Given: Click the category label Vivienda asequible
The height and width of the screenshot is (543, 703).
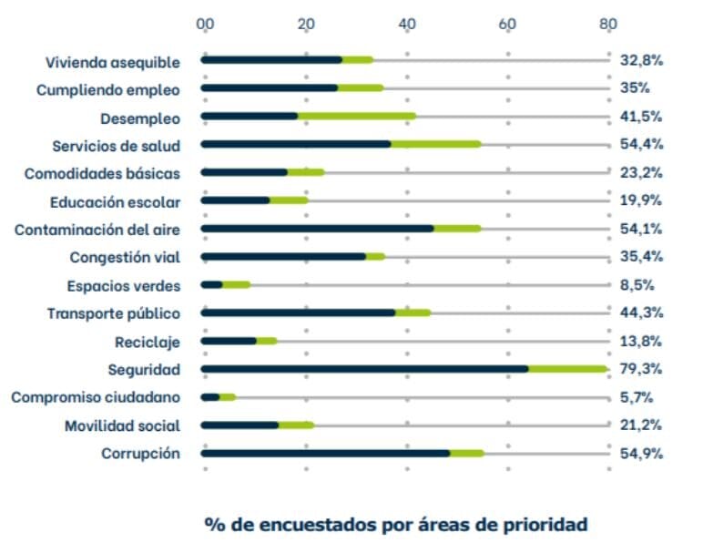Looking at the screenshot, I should click(x=113, y=62).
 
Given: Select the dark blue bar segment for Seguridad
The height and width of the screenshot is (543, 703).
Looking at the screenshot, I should click(x=364, y=369).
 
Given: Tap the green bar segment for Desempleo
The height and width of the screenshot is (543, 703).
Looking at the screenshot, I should click(x=356, y=117).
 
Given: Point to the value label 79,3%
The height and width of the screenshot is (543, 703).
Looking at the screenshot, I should click(x=641, y=369).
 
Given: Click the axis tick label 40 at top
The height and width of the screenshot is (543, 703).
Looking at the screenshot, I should click(x=407, y=24).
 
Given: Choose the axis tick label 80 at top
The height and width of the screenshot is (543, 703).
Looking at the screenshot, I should click(x=608, y=24).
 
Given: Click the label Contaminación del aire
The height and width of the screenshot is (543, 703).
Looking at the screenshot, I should click(x=97, y=230).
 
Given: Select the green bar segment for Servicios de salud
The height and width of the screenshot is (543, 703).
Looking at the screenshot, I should click(x=435, y=144).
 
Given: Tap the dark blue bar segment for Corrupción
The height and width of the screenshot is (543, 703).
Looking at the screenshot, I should click(x=325, y=454).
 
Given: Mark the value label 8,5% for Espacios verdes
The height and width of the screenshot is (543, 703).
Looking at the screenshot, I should click(x=637, y=285).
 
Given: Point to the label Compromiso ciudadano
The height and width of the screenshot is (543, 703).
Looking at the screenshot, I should click(x=96, y=397).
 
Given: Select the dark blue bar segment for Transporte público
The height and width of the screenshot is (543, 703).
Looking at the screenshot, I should click(x=298, y=312).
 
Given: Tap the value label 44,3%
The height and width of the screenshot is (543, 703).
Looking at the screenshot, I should click(x=641, y=312).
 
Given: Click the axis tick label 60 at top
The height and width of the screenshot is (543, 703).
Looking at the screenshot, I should click(x=507, y=24).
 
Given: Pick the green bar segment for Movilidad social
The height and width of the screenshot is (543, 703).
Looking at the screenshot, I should click(x=296, y=425).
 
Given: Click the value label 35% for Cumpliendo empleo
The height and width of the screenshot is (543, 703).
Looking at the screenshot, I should click(x=634, y=88).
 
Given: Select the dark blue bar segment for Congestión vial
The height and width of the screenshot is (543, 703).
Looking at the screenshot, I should click(x=283, y=257).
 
